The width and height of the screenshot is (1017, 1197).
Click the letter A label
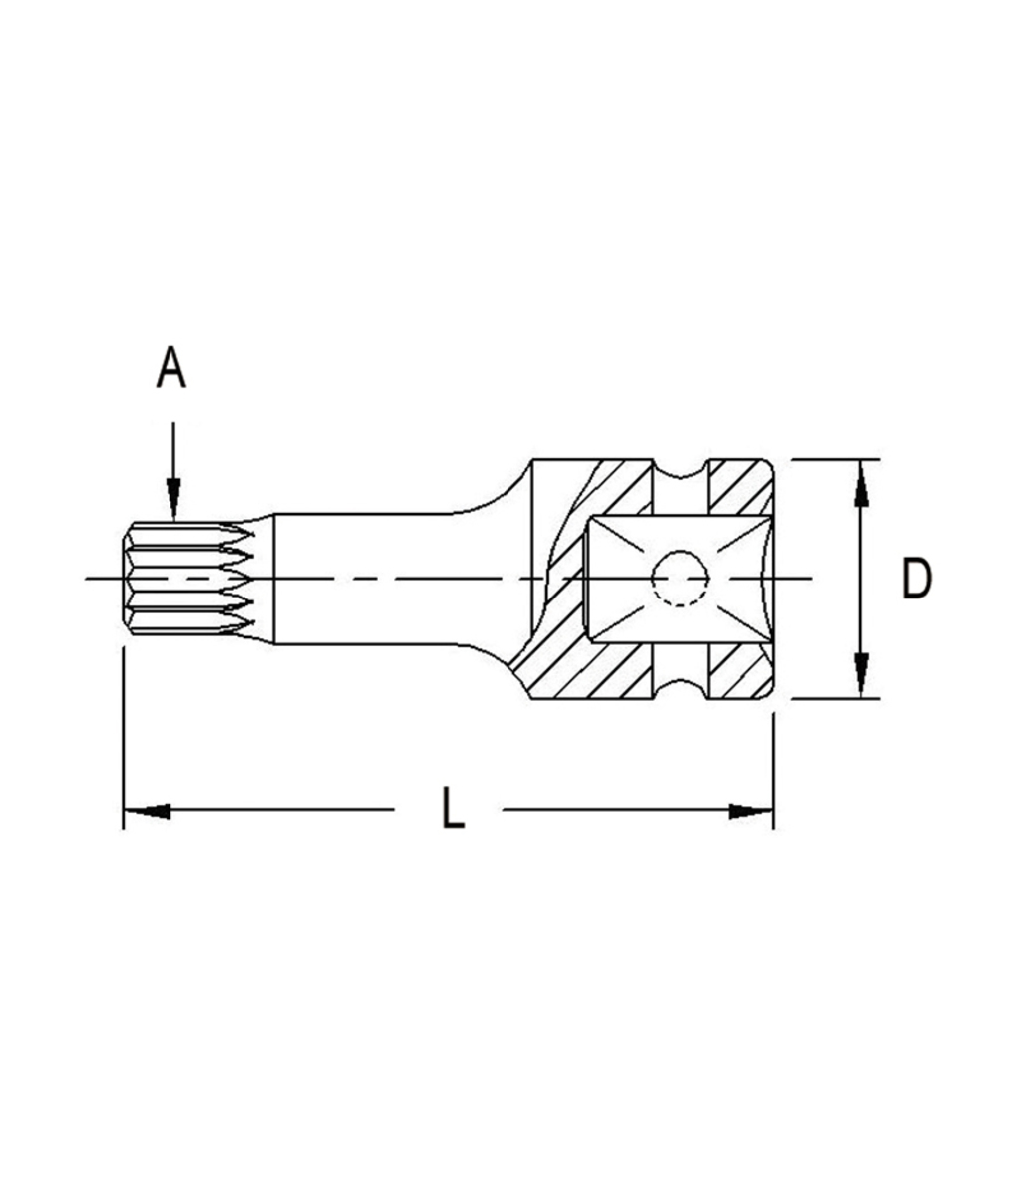pyautogui.click(x=171, y=369)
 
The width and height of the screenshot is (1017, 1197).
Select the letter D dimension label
pyautogui.click(x=916, y=580)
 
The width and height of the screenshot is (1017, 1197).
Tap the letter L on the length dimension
pyautogui.click(x=453, y=810)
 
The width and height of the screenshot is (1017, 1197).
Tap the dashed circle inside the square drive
pyautogui.click(x=681, y=579)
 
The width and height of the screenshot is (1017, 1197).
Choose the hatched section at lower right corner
pyautogui.click(x=740, y=672)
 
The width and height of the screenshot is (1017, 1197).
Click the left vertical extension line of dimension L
pyautogui.click(x=123, y=738)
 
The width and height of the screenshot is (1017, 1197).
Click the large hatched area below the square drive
pyautogui.click(x=588, y=673)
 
